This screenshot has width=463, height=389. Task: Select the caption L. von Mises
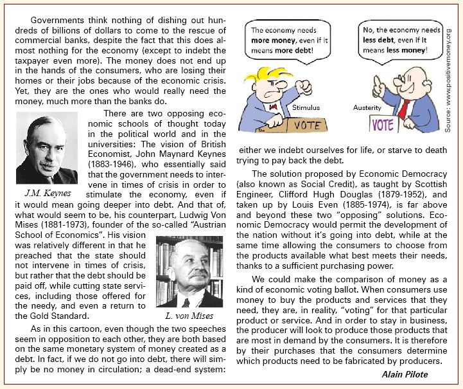[187, 316]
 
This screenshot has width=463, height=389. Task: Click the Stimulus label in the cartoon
[306, 107]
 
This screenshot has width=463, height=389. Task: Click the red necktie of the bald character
[403, 107]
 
